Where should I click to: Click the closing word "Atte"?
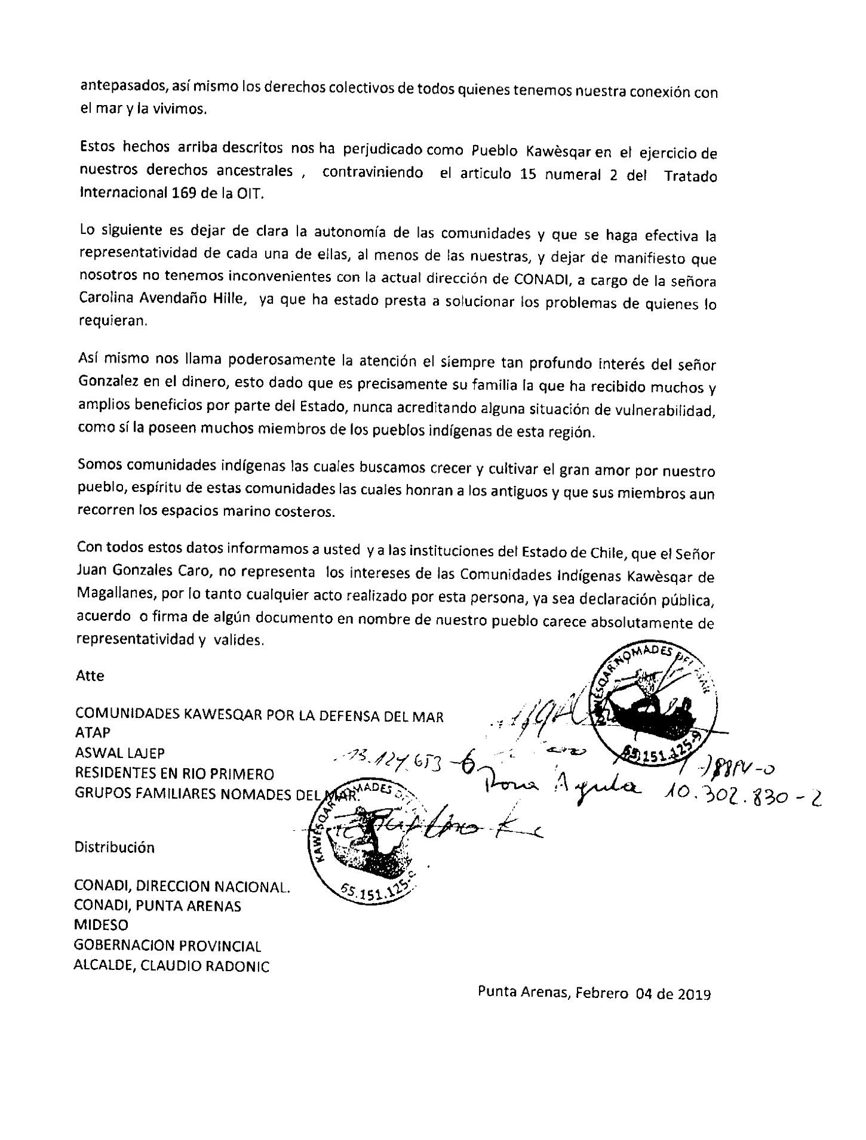coord(90,676)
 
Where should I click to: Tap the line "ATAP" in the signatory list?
coord(93,732)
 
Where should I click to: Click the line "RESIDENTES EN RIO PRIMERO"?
coord(174,774)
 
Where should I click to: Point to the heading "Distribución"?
coord(114,847)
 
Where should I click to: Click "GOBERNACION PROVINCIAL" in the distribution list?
coord(167,946)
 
